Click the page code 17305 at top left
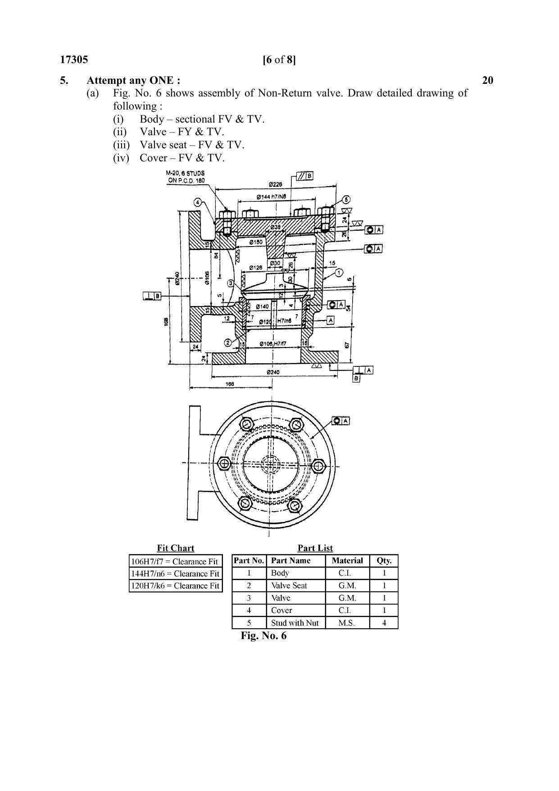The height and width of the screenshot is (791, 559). [74, 60]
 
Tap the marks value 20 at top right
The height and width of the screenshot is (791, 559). [487, 80]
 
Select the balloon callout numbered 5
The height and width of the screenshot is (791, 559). [345, 200]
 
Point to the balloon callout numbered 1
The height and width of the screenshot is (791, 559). [339, 273]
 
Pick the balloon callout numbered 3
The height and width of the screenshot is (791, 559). [230, 283]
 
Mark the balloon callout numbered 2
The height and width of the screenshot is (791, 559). [228, 343]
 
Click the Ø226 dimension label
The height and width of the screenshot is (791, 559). [275, 184]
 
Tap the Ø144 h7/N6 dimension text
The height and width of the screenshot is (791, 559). [271, 197]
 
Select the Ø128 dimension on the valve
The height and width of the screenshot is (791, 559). [256, 268]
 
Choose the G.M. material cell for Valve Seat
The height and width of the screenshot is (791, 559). [347, 585]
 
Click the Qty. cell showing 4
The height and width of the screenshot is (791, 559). [384, 623]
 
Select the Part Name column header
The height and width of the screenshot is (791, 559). [291, 561]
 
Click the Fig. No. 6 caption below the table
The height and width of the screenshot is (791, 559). [264, 636]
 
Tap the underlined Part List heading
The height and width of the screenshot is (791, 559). [315, 548]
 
